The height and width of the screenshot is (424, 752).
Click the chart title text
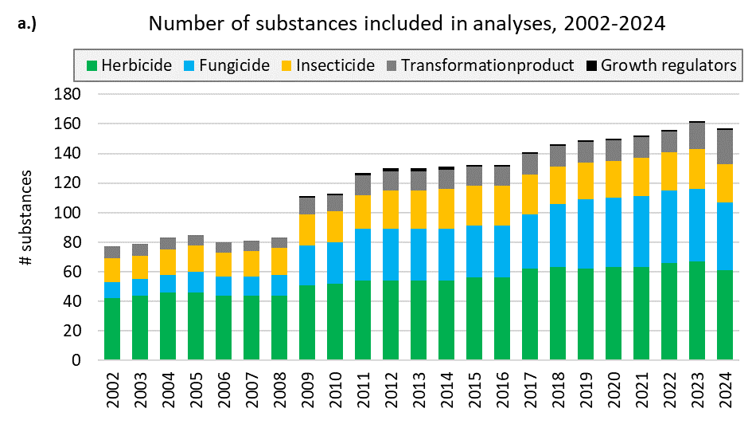tap(407, 23)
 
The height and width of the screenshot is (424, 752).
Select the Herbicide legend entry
tap(129, 65)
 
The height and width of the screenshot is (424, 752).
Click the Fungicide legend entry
tap(232, 65)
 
